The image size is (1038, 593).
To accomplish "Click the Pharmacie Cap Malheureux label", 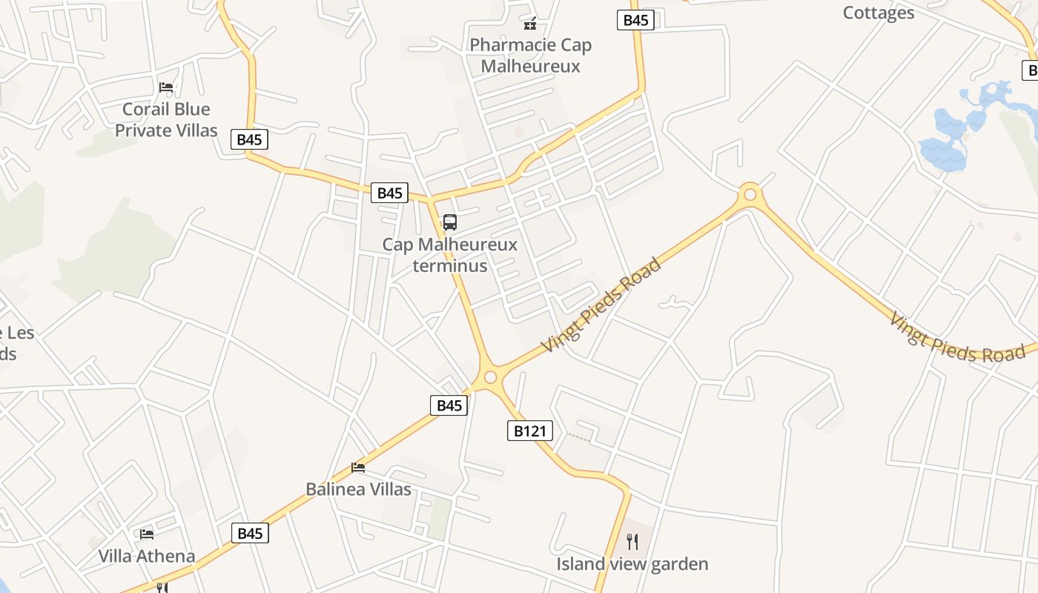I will tap(530, 56).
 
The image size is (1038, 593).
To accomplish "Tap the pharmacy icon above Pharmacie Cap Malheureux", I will tap(530, 24).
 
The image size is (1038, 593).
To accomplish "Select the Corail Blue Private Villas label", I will tap(166, 120).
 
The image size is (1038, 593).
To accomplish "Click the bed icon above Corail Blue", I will tap(166, 87).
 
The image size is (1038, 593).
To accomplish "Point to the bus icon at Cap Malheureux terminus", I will tap(449, 222).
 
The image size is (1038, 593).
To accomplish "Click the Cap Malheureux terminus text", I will tap(449, 254).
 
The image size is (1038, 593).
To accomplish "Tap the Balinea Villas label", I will tap(358, 489).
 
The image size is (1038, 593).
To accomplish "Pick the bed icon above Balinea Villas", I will tap(358, 467).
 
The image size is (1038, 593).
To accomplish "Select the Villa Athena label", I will tap(147, 556).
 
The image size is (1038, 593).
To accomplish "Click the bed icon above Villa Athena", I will tap(147, 534).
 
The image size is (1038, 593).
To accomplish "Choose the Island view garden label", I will tap(632, 564).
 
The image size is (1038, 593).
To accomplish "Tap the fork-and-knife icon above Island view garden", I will tap(632, 542).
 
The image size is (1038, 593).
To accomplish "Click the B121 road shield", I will tap(530, 431).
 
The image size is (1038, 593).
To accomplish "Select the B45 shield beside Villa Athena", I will tap(250, 533).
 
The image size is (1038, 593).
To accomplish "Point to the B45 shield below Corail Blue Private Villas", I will tap(249, 139).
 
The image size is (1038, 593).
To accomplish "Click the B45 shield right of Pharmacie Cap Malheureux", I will tap(635, 20).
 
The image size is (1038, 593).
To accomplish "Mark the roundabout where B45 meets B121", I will tap(490, 377).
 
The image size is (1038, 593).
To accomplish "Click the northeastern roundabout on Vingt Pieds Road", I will tap(750, 194).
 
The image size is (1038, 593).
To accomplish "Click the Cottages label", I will tap(879, 13).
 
